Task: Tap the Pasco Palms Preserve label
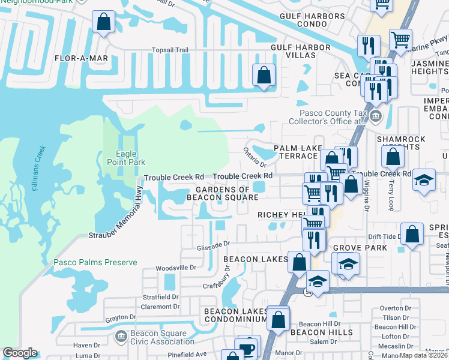click(95, 262)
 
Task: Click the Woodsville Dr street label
click(176, 268)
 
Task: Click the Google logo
click(20, 353)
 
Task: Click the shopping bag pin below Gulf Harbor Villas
click(264, 76)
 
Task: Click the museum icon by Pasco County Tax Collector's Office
click(376, 116)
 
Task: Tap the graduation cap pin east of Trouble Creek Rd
click(424, 180)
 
